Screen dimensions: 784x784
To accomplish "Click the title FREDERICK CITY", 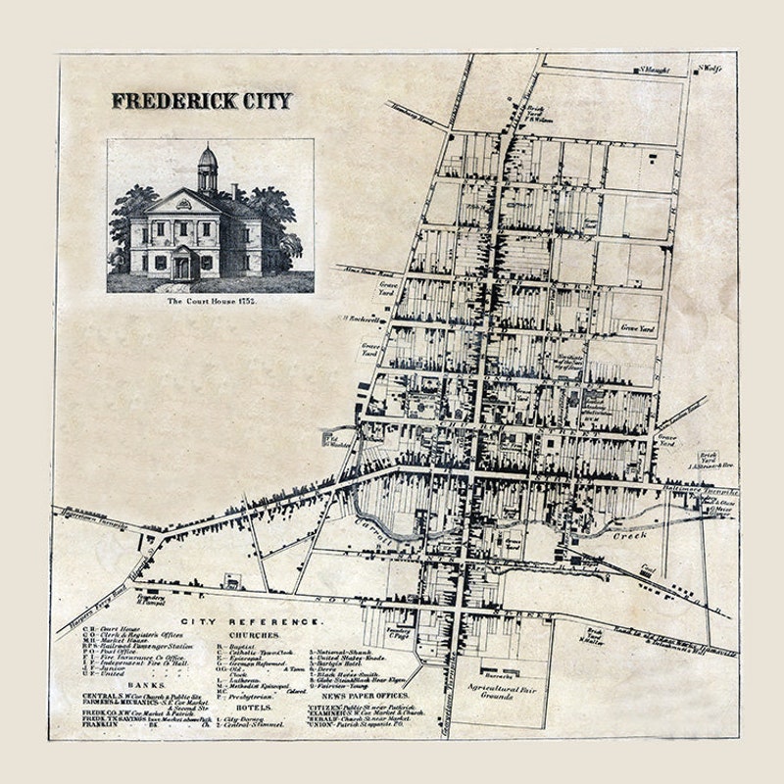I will click(x=201, y=100).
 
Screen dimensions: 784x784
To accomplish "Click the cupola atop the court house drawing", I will click(x=207, y=169).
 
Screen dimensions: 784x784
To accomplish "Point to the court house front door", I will click(x=182, y=266).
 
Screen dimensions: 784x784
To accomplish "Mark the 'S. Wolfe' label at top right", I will click(x=710, y=69).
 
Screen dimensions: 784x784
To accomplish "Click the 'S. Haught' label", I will click(x=654, y=70).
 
